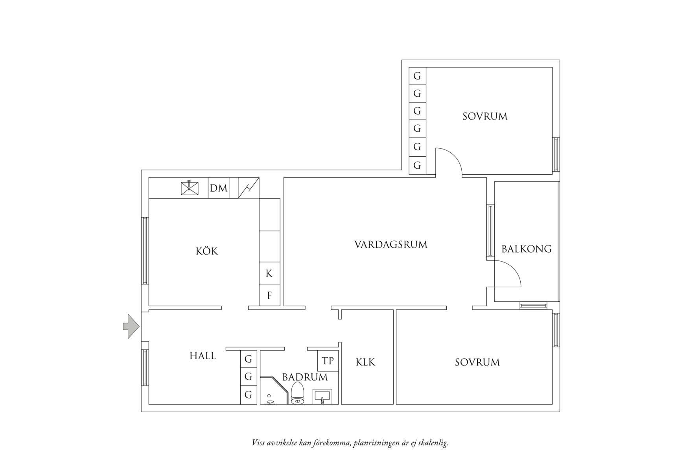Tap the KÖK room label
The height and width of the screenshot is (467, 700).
pyautogui.click(x=207, y=251)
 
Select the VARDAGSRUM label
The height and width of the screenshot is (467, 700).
pyautogui.click(x=391, y=245)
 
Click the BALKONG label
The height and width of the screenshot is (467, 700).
pyautogui.click(x=526, y=249)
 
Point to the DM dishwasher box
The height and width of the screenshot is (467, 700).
pyautogui.click(x=218, y=188)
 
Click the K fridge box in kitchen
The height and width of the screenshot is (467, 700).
pyautogui.click(x=269, y=273)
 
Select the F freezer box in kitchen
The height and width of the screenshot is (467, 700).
pyautogui.click(x=269, y=295)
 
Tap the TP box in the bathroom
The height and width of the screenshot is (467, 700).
pyautogui.click(x=328, y=361)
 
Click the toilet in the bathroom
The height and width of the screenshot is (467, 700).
pyautogui.click(x=298, y=393)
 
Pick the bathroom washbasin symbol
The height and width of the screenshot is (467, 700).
pyautogui.click(x=322, y=397)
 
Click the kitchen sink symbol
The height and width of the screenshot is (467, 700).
pyautogui.click(x=190, y=188)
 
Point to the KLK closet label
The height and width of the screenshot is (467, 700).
pyautogui.click(x=365, y=362)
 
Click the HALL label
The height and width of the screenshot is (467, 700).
pyautogui.click(x=203, y=356)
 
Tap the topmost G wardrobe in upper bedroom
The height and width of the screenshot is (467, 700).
pyautogui.click(x=417, y=76)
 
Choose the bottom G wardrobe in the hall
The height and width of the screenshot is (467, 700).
pyautogui.click(x=248, y=395)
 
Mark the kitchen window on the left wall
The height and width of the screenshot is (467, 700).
pyautogui.click(x=145, y=251)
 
